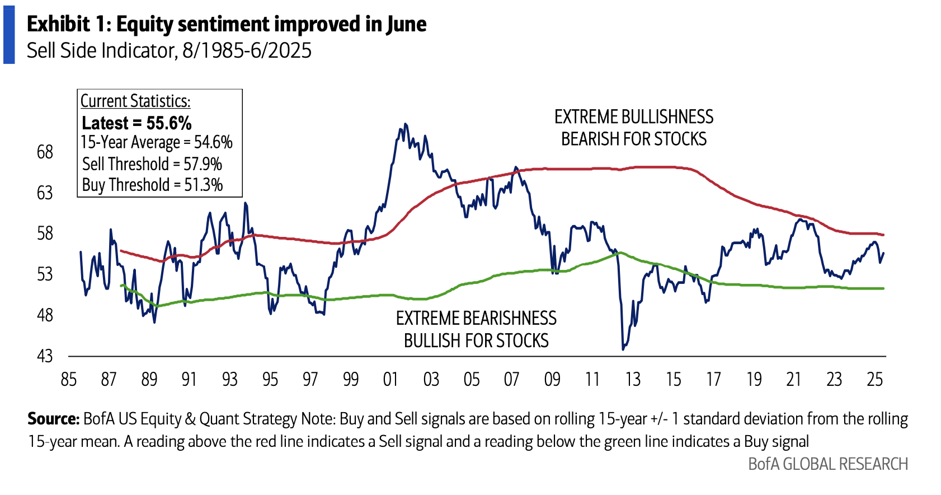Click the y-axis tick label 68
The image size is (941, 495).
coord(45,152)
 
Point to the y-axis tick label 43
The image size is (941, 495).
coord(45,356)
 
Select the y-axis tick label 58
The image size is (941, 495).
coord(45,233)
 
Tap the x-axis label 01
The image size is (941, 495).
coord(390,380)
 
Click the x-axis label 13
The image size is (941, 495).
coord(633,380)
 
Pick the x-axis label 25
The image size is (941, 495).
coord(874,380)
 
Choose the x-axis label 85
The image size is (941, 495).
coord(68,380)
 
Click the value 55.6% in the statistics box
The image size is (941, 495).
coord(169,123)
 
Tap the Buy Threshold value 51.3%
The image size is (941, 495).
coord(203,185)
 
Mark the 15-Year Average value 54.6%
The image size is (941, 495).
coord(213,142)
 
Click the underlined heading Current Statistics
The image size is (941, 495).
coord(135,101)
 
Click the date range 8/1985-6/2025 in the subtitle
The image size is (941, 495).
coord(247,50)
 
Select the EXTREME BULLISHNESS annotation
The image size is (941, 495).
coord(634,117)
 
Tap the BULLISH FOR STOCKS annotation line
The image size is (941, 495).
coord(476,340)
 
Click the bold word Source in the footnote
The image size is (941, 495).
coord(54,419)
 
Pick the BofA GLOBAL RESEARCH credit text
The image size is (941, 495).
coord(828,464)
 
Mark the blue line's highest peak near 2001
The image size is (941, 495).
coord(405,124)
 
